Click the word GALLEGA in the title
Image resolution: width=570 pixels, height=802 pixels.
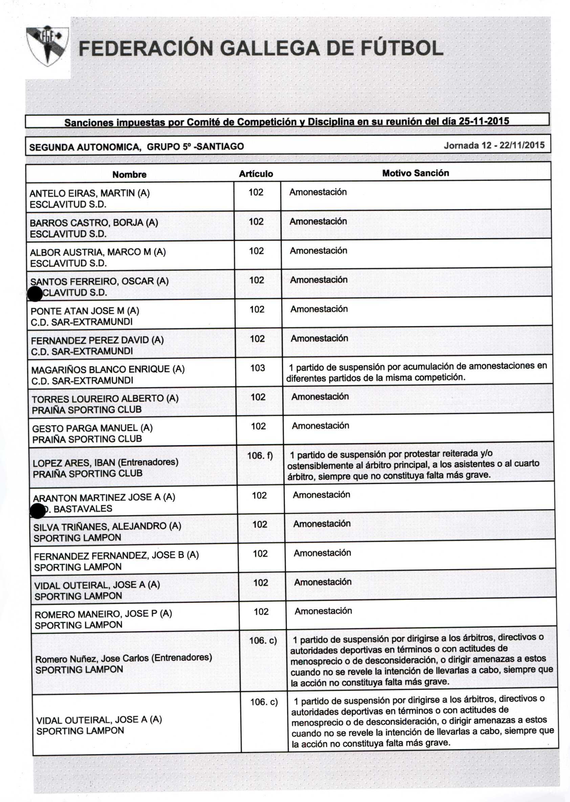tap(271, 48)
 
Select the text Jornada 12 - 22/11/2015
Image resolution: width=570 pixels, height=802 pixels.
tap(494, 145)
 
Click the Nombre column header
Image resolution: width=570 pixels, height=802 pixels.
tap(129, 174)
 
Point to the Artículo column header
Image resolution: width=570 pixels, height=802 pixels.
tap(256, 174)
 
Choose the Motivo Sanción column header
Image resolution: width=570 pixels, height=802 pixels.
tap(416, 173)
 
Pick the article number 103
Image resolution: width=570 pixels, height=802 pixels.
tap(257, 368)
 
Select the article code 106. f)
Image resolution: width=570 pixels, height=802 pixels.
tap(260, 456)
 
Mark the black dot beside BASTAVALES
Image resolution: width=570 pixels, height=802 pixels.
tap(38, 511)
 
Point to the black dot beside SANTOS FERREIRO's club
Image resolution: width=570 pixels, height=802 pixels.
tap(35, 294)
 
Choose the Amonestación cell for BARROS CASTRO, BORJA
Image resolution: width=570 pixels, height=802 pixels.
tap(318, 221)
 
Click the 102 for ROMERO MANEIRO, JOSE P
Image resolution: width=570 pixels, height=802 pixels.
tap(261, 612)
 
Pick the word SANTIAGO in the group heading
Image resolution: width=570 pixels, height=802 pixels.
tap(220, 146)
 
